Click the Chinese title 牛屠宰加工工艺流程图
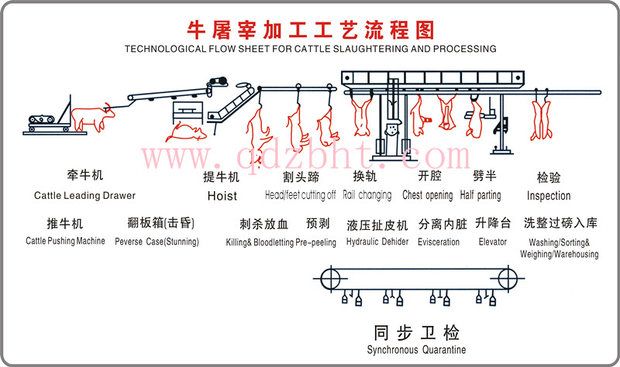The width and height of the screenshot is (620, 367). (310, 29)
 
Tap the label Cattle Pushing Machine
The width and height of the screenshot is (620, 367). (65, 241)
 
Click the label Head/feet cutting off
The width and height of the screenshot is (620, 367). (300, 195)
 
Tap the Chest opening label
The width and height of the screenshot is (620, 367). (428, 195)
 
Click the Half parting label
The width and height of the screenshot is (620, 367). (480, 195)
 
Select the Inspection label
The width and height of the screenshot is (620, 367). (549, 196)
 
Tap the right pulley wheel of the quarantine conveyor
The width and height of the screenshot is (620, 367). (508, 278)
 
